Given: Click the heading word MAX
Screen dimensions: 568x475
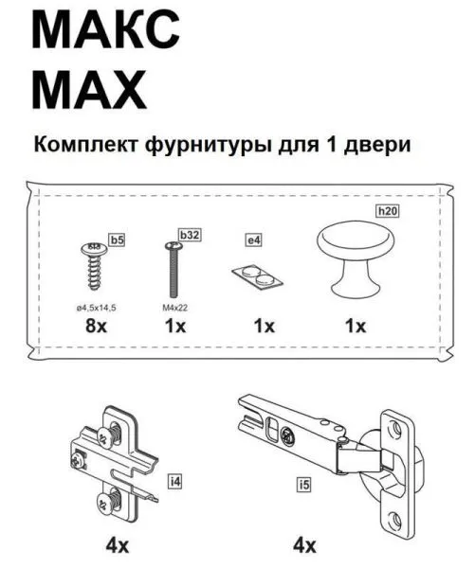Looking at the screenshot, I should (90, 91).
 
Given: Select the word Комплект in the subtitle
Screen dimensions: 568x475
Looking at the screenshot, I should (86, 147).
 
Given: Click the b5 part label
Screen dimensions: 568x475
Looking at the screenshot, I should (118, 241).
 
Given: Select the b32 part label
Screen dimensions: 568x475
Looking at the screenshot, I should (188, 233).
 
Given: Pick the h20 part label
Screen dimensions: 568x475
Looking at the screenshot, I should (387, 211).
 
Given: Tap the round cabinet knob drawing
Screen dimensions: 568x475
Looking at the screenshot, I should (355, 257).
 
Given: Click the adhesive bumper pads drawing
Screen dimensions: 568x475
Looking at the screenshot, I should (256, 275).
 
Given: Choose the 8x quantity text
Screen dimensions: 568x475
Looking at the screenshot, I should (94, 327).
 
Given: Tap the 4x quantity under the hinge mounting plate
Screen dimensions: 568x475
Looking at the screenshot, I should (115, 547).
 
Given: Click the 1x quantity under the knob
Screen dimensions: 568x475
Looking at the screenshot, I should (355, 327).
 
